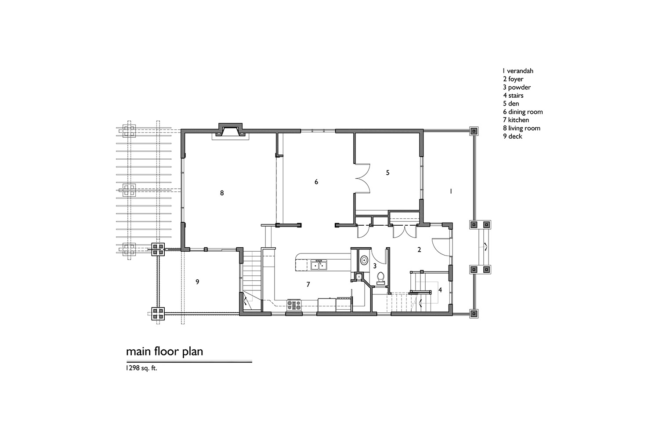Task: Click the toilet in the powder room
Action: [380, 279]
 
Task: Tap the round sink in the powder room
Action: [364, 260]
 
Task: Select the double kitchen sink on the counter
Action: [319, 265]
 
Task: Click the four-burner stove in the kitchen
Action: [294, 305]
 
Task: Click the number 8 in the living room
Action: [222, 193]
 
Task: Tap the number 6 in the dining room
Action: [316, 182]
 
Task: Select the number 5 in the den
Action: [388, 172]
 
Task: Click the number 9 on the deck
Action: [197, 282]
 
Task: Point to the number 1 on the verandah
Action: [451, 191]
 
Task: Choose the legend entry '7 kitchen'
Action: [516, 120]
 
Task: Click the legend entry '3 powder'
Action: [517, 87]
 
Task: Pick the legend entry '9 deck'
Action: [513, 136]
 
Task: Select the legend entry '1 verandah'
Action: [518, 71]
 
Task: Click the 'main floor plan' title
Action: [164, 352]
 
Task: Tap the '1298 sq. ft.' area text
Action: [141, 368]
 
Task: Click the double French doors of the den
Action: [362, 178]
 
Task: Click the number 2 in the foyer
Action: [419, 250]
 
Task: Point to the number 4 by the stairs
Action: [440, 290]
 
